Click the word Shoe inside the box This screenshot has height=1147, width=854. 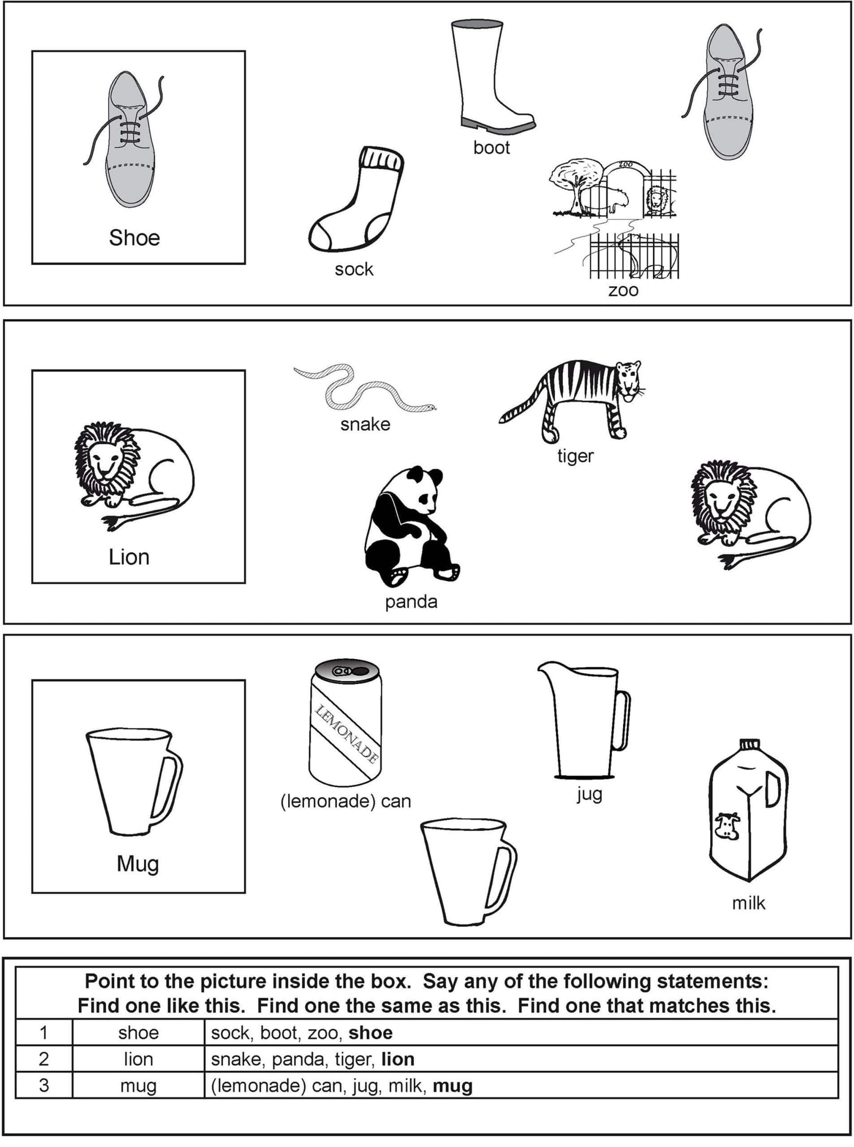coord(134,238)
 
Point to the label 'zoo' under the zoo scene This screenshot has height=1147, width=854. coord(623,290)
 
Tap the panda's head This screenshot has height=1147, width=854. coord(427,489)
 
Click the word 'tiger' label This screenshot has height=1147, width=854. coord(575,456)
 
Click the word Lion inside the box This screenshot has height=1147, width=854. coord(129,557)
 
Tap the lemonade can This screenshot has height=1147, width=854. coord(345,724)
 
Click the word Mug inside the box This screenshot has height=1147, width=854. coord(138,864)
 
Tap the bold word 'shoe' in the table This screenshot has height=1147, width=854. coord(370,1033)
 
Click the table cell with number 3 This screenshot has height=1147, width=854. coord(44,1085)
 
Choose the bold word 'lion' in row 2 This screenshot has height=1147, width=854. coord(397,1059)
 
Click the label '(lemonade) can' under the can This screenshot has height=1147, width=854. coord(345,801)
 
